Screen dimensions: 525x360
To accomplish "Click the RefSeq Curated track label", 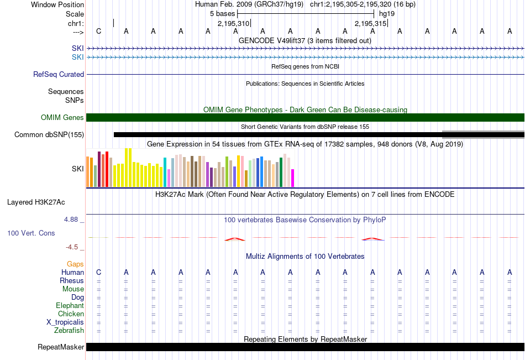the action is point(58,75).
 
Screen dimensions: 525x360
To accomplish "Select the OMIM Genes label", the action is point(62,117).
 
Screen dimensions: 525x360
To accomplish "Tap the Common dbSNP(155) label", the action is point(49,135).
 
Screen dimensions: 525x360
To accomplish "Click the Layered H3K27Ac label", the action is point(36,202).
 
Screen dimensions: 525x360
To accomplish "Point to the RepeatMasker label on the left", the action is point(61,347).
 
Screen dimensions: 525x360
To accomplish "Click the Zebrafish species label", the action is point(69,331).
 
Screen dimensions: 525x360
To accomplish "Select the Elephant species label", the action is point(70,306).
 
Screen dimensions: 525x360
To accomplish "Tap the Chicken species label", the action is point(71,314).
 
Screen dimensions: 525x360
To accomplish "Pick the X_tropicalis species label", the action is point(65,322).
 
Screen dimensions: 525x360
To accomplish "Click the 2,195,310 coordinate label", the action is point(233,23).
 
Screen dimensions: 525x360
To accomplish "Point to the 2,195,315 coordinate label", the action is point(370,23).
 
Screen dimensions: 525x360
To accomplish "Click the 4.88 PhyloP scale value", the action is point(71,220).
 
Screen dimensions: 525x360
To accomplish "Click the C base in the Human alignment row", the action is point(98,273).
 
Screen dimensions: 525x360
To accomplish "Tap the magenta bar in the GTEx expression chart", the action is point(293,178).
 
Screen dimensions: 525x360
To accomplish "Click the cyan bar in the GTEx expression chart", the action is point(165,172).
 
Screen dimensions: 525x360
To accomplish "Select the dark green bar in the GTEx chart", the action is point(281,172).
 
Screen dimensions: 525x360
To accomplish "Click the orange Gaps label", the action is point(75,264).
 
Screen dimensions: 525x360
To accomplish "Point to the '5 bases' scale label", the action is point(222,14).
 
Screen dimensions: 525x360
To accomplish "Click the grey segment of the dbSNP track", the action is point(483,134).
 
